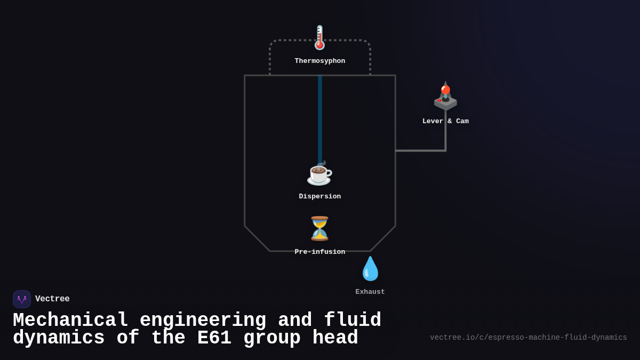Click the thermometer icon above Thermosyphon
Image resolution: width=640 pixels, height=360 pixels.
(319, 38)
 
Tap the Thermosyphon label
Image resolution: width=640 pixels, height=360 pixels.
(319, 61)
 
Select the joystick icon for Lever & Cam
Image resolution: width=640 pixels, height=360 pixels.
(445, 97)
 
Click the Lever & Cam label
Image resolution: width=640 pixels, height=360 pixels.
(445, 122)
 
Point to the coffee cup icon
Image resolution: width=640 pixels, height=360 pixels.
(319, 173)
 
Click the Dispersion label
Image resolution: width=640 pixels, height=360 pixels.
(319, 197)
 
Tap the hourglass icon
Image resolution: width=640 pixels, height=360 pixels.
(319, 229)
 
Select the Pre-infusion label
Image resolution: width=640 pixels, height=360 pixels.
(319, 252)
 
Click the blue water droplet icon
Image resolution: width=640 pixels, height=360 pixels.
(370, 269)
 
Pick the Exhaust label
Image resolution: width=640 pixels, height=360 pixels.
(370, 292)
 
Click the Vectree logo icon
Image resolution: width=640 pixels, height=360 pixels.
(22, 299)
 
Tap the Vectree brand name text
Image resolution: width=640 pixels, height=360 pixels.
(52, 299)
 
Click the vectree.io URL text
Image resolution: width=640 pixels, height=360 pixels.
(528, 338)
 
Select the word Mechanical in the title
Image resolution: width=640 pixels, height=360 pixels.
(70, 321)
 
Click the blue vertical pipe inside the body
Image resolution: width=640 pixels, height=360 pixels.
(320, 117)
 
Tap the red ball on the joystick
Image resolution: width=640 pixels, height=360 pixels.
(445, 90)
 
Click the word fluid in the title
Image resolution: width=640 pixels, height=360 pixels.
(353, 321)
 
